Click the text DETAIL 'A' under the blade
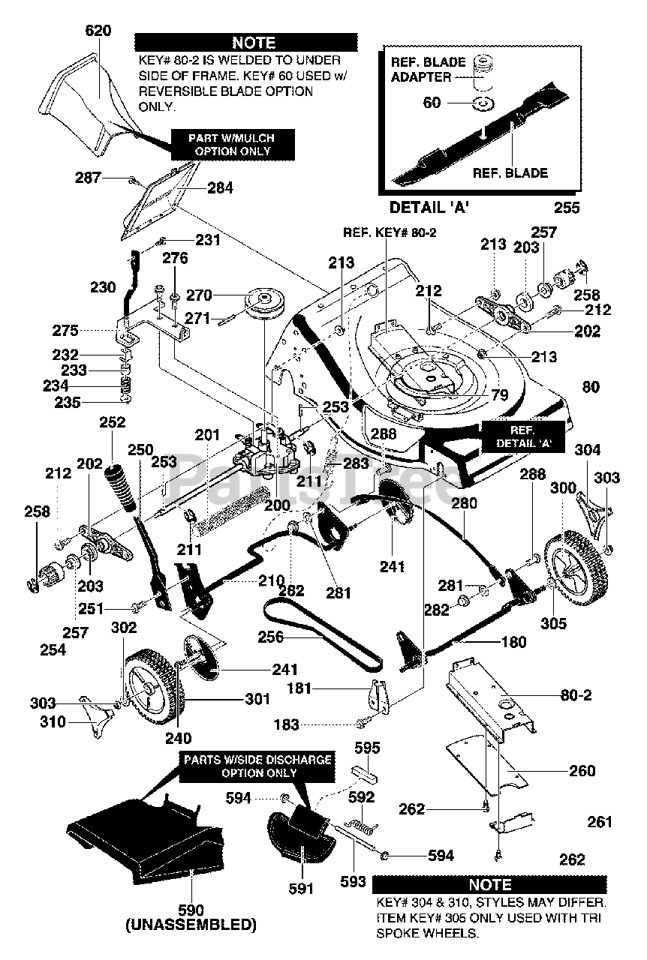click(432, 208)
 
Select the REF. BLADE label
click(510, 172)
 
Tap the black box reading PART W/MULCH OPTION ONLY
click(224, 143)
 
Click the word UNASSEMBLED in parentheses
click(191, 923)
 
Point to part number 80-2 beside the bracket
click(576, 695)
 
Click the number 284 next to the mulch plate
click(220, 188)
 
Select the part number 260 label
click(582, 770)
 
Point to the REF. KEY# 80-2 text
click(390, 232)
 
